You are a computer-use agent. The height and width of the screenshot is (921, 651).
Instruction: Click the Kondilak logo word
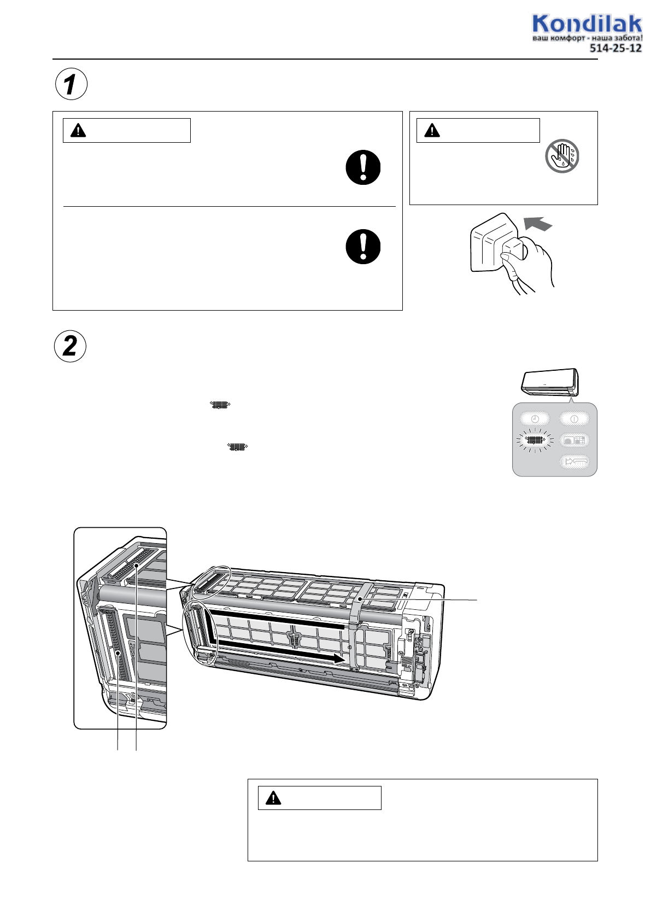[x=587, y=24]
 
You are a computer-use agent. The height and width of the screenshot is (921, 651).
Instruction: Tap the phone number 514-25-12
[x=615, y=48]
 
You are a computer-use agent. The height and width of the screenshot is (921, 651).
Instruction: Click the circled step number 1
[x=71, y=84]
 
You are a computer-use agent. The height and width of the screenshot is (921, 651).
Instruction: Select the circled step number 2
[x=71, y=346]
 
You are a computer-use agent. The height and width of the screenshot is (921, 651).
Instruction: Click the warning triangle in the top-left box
[x=78, y=130]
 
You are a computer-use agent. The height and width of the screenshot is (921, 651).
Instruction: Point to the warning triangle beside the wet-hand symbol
[x=432, y=130]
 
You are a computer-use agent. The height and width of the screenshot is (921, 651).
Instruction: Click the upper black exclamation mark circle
[x=363, y=167]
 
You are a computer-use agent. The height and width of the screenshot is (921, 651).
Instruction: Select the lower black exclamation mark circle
[x=363, y=246]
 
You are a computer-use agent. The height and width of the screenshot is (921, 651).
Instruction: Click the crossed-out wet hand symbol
[x=562, y=156]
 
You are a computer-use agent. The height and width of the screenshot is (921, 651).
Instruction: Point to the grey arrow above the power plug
[x=538, y=224]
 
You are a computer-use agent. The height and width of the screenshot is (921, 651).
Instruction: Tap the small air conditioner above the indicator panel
[x=550, y=380]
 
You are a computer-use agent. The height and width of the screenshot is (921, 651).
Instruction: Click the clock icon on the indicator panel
[x=535, y=419]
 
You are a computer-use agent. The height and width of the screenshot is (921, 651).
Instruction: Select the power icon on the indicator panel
[x=574, y=419]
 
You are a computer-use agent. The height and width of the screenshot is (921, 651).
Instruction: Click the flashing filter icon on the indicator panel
[x=535, y=440]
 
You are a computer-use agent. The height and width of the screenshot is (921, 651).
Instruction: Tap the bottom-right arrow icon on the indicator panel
[x=574, y=462]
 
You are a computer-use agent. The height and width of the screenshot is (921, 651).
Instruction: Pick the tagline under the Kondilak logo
[x=587, y=38]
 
